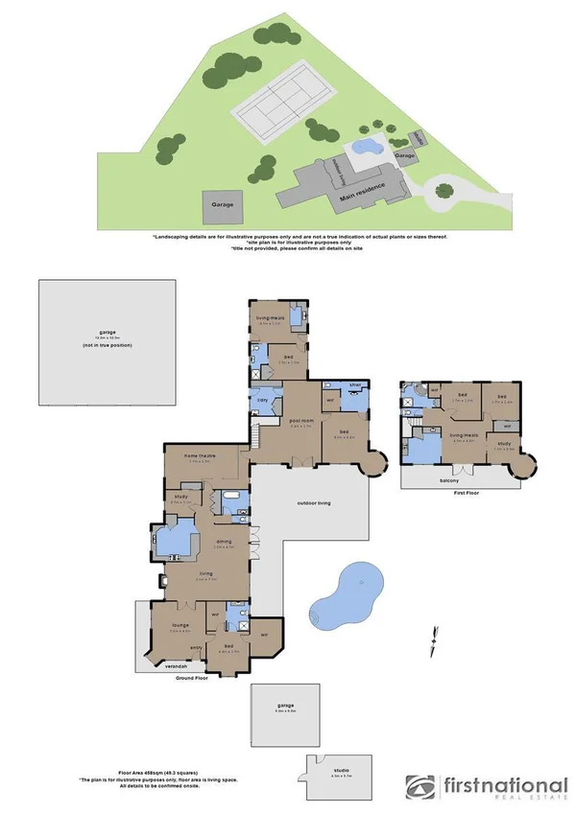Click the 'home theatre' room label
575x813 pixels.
tap(205, 456)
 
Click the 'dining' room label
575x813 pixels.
tap(222, 542)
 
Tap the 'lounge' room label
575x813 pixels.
tap(179, 627)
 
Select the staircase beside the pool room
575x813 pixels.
tap(258, 437)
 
